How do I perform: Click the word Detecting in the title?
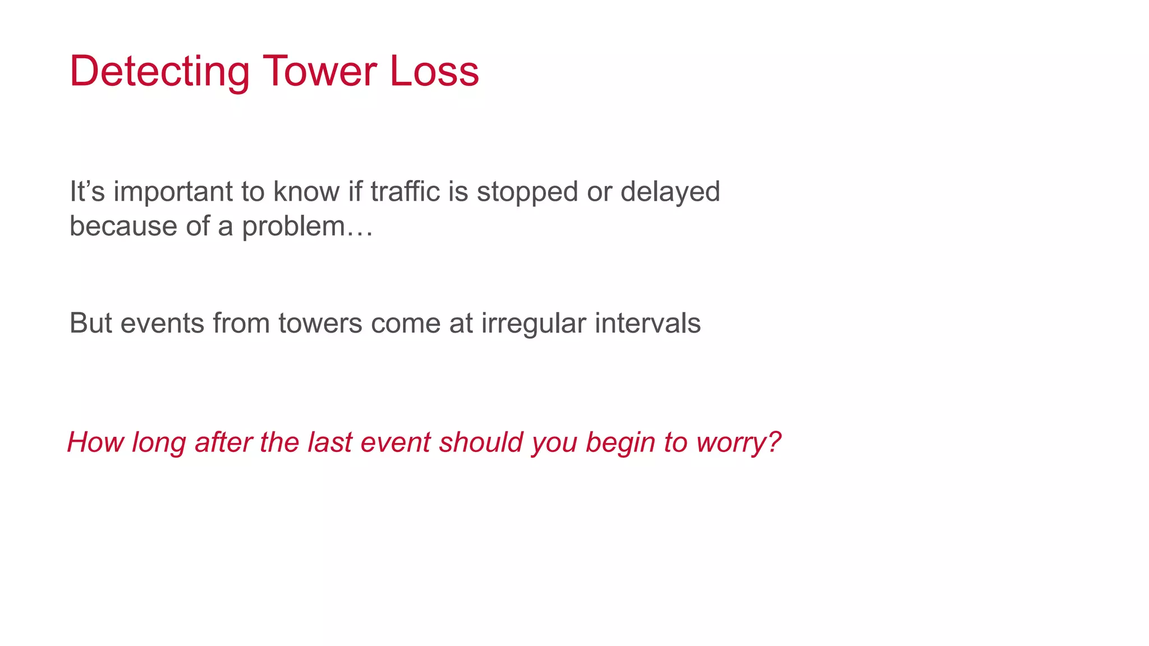[159, 72]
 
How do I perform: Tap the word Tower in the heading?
[320, 71]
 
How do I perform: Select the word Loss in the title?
[434, 71]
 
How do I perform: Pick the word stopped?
[527, 192]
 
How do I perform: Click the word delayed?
[670, 192]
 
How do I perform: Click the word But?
[90, 323]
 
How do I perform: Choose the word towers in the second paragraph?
[320, 323]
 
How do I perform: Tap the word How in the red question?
[95, 442]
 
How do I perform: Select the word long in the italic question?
[159, 443]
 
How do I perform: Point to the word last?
[329, 442]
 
